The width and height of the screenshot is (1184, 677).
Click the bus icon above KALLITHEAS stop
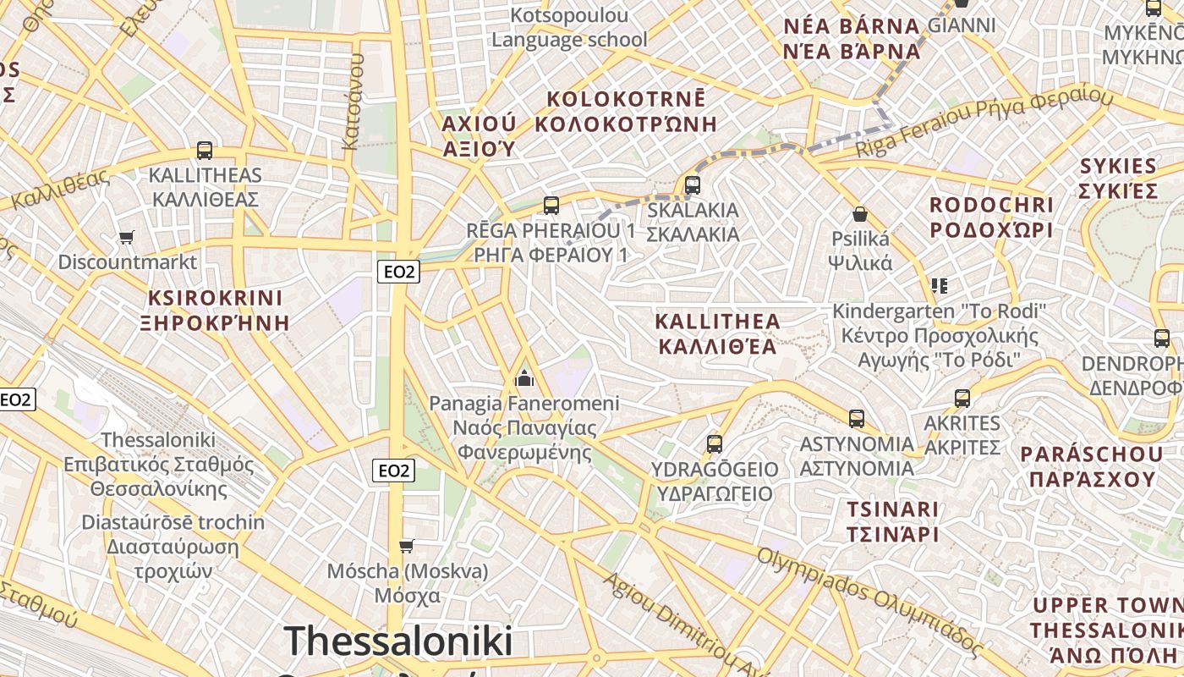[204, 151]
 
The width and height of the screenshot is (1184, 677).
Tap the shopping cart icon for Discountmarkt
[126, 237]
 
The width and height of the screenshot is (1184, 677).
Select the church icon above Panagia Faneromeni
[524, 377]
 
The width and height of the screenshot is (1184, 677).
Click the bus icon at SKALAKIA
[693, 184]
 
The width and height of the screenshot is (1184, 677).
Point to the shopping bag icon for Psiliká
[860, 213]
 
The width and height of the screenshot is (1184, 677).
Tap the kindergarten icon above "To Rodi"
[939, 285]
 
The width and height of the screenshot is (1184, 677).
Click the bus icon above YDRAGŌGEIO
[715, 443]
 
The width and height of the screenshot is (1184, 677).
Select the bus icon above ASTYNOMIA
[857, 418]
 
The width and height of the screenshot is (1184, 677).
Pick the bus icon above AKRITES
[962, 398]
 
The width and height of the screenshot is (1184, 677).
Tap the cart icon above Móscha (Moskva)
[407, 546]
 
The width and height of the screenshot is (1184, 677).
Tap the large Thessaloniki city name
[398, 641]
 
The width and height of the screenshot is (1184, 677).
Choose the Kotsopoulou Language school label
[570, 27]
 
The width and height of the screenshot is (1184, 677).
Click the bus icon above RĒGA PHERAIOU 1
[551, 205]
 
